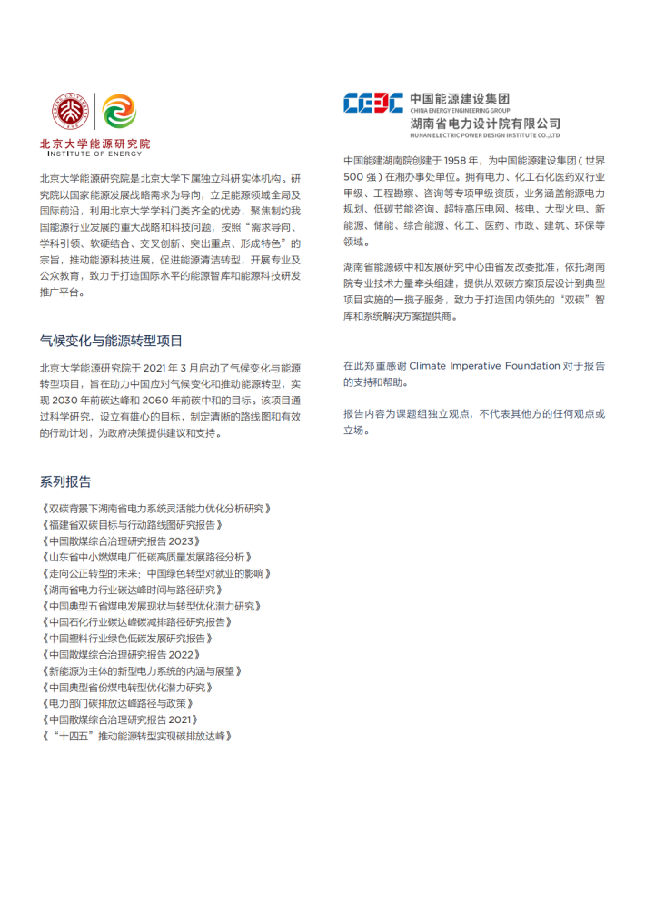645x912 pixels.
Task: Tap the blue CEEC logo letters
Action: tap(372, 103)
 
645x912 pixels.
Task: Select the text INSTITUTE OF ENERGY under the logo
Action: tap(84, 154)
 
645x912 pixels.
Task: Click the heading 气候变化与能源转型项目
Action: tap(111, 342)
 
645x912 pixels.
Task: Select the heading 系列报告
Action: tap(65, 481)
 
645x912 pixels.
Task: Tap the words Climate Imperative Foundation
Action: tap(484, 366)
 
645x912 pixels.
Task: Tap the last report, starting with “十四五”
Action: tap(136, 737)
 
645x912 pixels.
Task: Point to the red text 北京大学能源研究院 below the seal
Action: tap(95, 144)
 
